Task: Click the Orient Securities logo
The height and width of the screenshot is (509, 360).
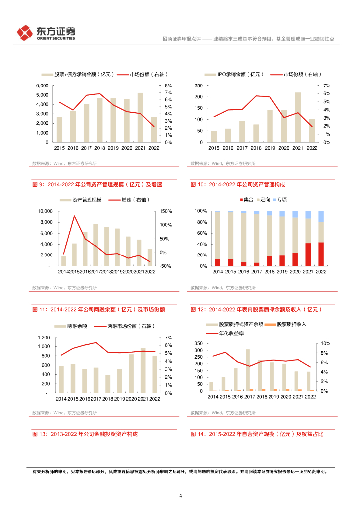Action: [x=46, y=33]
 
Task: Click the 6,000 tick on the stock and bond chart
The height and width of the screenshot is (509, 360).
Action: [x=42, y=86]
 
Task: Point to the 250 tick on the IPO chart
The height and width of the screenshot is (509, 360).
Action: [x=199, y=86]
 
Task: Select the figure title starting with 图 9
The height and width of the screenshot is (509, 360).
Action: [x=97, y=185]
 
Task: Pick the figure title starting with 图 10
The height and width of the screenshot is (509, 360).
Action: [x=238, y=185]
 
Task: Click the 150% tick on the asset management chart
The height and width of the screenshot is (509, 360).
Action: [x=166, y=211]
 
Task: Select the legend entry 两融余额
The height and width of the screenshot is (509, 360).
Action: [x=74, y=326]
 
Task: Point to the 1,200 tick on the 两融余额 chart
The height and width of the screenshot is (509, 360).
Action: [x=43, y=338]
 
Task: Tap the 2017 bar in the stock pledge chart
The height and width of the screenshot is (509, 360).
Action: [x=248, y=370]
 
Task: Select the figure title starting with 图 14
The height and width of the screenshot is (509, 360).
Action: [x=257, y=434]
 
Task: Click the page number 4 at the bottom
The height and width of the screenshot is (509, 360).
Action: [x=180, y=496]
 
